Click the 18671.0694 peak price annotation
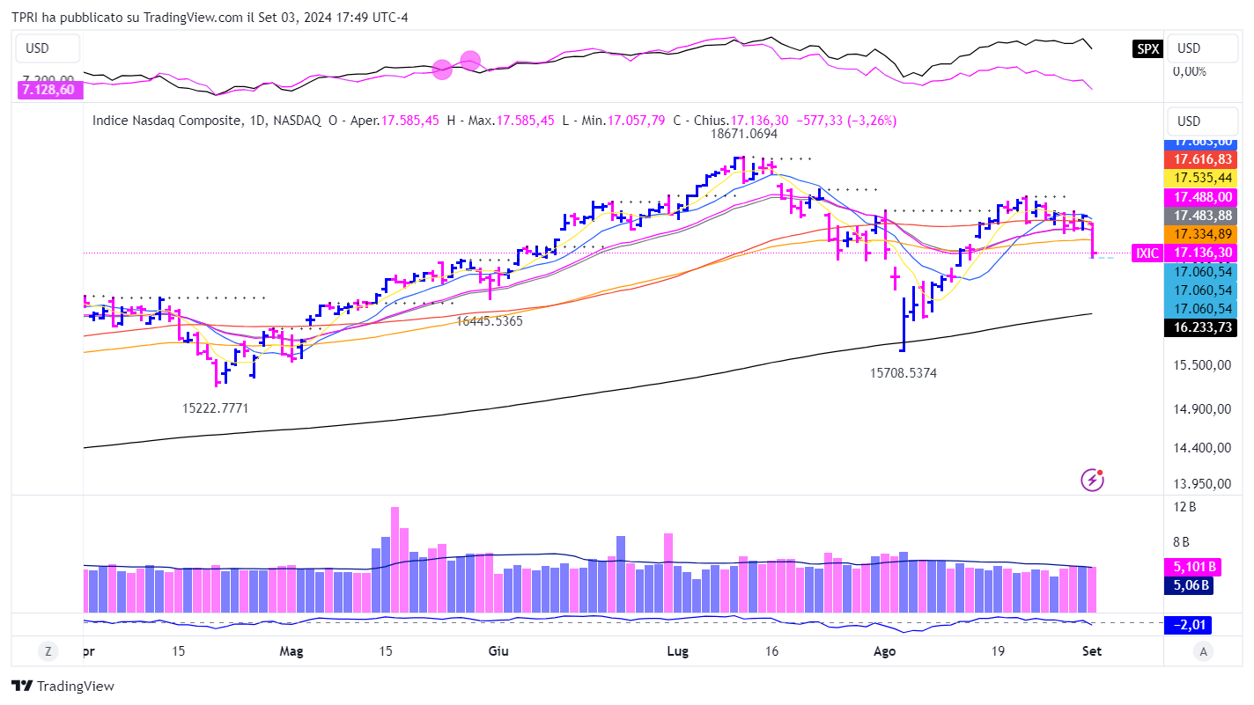(x=744, y=135)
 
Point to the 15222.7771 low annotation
(x=215, y=408)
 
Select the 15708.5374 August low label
(x=903, y=373)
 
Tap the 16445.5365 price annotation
(x=489, y=321)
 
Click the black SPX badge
(x=1147, y=49)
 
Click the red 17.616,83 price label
(x=1202, y=159)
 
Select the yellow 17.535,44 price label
(x=1202, y=178)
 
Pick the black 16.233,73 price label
(x=1202, y=327)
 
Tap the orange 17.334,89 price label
(x=1202, y=234)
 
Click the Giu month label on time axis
(x=498, y=651)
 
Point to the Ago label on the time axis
(x=884, y=651)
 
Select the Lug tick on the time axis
(x=677, y=651)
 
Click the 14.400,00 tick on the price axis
(x=1201, y=447)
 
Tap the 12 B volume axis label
(x=1185, y=507)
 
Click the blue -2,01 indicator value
(x=1188, y=625)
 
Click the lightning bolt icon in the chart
(x=1092, y=480)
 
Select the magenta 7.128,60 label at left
(x=48, y=89)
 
